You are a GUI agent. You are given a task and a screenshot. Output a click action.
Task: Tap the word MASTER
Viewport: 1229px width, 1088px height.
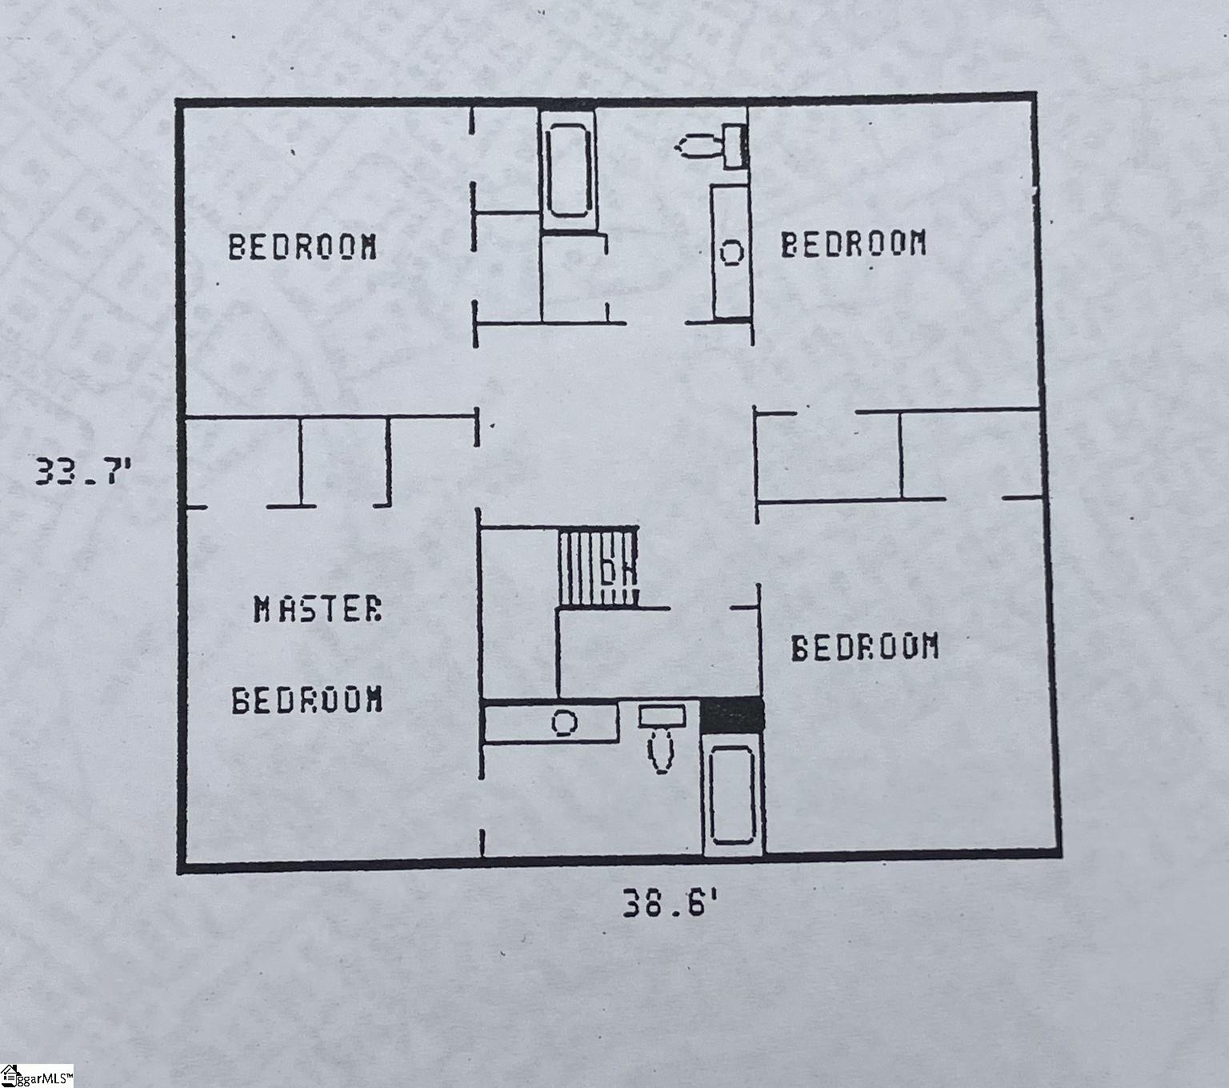tap(317, 609)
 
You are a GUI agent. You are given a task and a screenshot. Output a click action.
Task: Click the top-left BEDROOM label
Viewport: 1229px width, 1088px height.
tap(302, 246)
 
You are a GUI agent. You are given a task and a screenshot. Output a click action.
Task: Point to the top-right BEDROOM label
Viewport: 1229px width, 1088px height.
tap(853, 243)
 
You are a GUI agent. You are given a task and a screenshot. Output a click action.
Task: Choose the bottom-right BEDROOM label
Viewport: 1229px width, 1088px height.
tap(864, 646)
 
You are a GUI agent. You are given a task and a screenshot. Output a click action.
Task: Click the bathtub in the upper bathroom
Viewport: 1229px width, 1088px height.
tap(567, 170)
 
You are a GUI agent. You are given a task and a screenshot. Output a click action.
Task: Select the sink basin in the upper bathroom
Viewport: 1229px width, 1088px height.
tap(731, 252)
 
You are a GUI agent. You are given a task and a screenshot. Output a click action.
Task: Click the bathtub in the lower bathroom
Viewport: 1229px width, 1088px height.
tap(731, 795)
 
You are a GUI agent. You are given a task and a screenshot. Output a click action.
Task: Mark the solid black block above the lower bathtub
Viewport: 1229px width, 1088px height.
tap(732, 714)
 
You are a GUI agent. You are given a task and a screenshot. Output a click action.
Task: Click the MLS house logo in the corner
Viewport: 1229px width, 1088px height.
tap(10, 1073)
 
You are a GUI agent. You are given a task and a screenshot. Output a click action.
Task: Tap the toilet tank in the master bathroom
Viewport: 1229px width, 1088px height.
tap(662, 717)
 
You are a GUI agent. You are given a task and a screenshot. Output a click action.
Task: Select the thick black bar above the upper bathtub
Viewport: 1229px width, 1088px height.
tap(567, 104)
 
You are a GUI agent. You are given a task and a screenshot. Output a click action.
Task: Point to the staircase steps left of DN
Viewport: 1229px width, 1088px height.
tap(578, 567)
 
